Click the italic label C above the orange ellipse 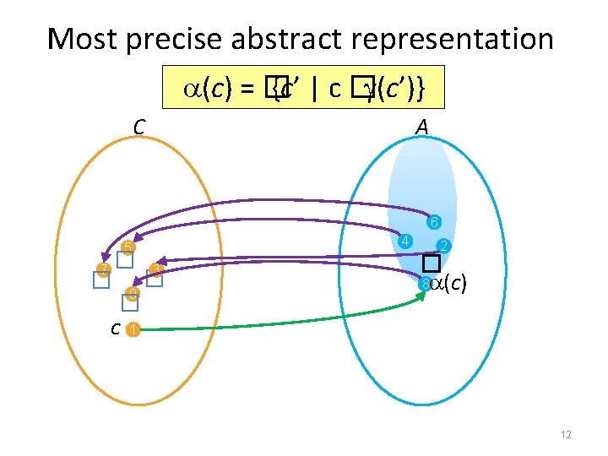[140, 128]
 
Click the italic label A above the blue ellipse [421, 128]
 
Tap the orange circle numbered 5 [127, 247]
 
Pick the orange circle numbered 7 [102, 271]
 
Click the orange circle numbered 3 [155, 270]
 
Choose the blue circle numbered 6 [432, 224]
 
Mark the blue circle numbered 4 [406, 242]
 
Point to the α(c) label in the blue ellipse [448, 284]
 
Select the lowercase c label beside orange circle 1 [115, 328]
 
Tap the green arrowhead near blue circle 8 [421, 296]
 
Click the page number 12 [566, 435]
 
